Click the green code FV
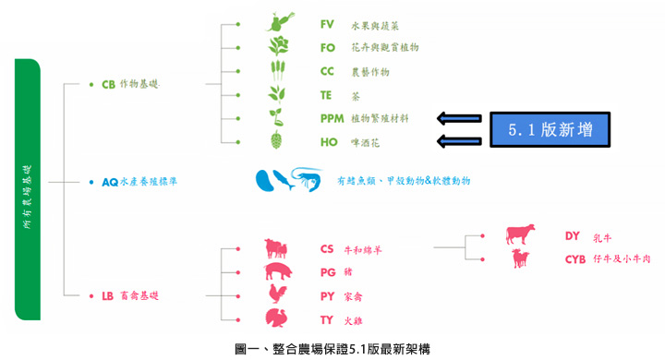327,24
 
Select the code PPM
332,118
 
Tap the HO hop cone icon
275,140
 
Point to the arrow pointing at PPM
459,117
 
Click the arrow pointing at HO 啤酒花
459,141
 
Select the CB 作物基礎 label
129,84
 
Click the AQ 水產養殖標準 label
139,182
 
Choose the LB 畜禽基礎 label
129,296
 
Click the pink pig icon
277,271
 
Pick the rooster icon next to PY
276,295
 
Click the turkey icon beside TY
276,318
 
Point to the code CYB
576,259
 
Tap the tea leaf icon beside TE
275,94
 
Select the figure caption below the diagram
332,348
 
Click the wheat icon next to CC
275,70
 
